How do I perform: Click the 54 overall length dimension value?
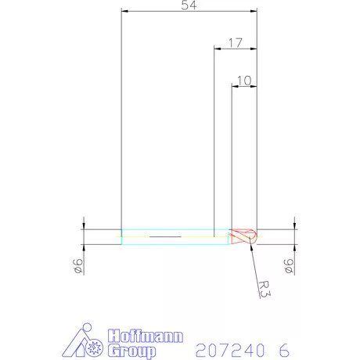[x=189, y=5]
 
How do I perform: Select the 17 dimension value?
[x=236, y=43]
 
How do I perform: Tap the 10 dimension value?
[x=244, y=81]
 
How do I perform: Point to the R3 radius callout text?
[x=265, y=289]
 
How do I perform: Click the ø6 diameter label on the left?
[x=78, y=266]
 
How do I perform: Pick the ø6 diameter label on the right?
[x=289, y=266]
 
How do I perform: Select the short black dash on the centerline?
[x=165, y=237]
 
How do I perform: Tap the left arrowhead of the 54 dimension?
[x=125, y=11]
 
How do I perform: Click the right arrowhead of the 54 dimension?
[x=254, y=11]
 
